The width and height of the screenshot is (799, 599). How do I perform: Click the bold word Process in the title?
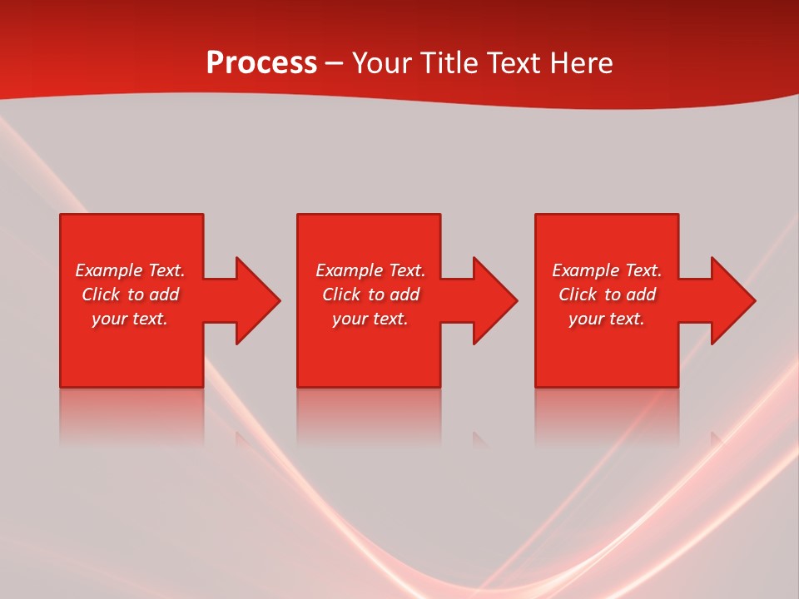coord(261,63)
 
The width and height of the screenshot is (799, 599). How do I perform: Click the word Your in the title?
coord(383,63)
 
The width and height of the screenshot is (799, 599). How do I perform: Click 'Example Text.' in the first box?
coord(130,270)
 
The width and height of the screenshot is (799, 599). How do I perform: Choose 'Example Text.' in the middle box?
coord(370,270)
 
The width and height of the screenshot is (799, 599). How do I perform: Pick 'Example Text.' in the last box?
coord(607,270)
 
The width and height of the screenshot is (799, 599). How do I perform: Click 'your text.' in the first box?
coord(130,319)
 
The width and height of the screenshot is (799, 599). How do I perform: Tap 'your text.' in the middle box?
coord(370,319)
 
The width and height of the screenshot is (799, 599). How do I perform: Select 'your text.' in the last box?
coord(607,319)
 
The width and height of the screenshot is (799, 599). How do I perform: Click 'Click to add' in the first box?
coord(130,295)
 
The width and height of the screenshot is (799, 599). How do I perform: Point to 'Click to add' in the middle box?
coord(370,295)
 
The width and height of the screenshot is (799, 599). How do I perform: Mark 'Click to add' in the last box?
coord(607,295)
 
